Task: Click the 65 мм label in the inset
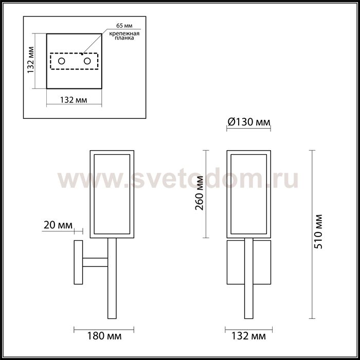pos(124,26)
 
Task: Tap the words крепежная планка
pos(124,35)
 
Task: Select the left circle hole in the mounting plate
pos(61,61)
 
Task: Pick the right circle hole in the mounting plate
pos(87,61)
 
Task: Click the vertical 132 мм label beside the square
pos(30,60)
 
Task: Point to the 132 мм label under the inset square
pos(74,100)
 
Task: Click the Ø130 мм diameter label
pos(249,122)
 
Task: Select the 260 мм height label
pos(199,193)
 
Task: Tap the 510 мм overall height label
pos(318,231)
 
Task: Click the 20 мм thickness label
pos(58,225)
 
